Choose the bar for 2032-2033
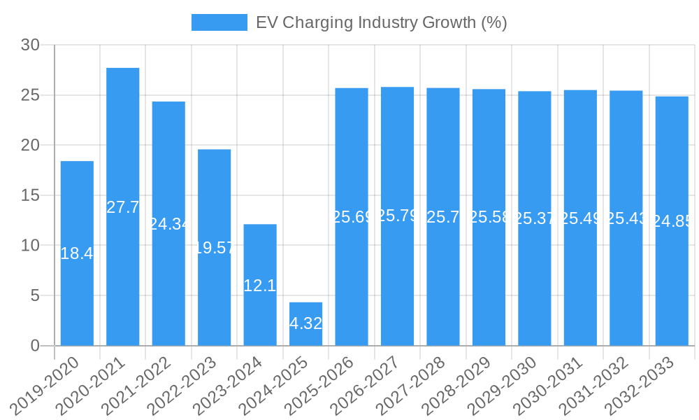tap(672, 280)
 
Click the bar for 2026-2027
tap(397, 280)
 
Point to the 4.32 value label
tap(305, 323)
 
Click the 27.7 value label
tap(123, 207)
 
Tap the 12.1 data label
tap(260, 286)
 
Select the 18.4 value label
tap(77, 253)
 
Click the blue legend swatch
tap(219, 22)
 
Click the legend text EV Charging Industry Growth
tap(381, 22)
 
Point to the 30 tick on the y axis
tap(30, 45)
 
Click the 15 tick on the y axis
tap(30, 195)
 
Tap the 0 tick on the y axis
tap(36, 346)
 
